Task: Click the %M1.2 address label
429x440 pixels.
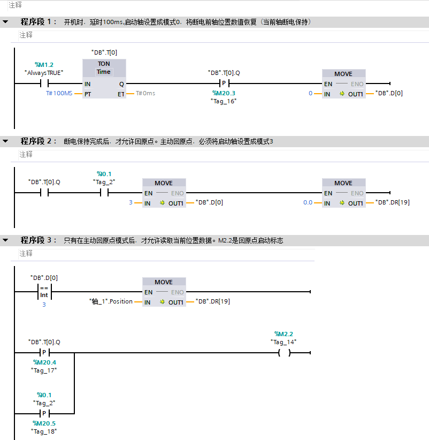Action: [x=44, y=65]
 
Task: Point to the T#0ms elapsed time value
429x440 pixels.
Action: [x=145, y=93]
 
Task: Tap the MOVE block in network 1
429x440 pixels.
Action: [x=343, y=84]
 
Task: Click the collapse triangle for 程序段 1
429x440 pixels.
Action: [x=5, y=22]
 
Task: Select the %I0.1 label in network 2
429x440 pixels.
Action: [x=104, y=174]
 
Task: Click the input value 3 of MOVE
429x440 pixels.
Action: [x=131, y=202]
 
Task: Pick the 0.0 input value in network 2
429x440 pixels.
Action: [x=308, y=202]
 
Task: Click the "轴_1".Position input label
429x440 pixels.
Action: [x=111, y=301]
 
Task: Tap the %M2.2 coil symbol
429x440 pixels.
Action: [x=284, y=353]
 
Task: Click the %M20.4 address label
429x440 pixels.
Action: [x=44, y=362]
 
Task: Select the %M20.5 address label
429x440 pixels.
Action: [x=44, y=423]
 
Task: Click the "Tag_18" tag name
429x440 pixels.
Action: [x=44, y=431]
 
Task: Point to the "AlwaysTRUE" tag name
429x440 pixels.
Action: [x=44, y=72]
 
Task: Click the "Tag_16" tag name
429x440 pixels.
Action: [x=224, y=101]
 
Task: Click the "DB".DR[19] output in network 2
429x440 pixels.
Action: [x=393, y=202]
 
